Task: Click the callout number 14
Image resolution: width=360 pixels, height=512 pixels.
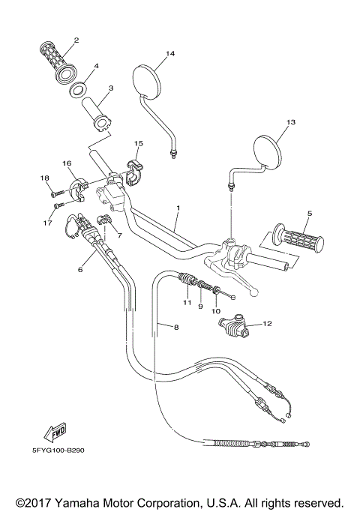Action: click(169, 54)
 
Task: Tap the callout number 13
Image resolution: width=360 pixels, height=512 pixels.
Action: click(291, 121)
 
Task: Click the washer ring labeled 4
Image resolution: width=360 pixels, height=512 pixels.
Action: click(78, 91)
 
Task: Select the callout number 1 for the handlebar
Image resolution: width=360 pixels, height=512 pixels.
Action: click(178, 206)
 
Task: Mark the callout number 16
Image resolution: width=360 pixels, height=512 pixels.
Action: click(67, 162)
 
